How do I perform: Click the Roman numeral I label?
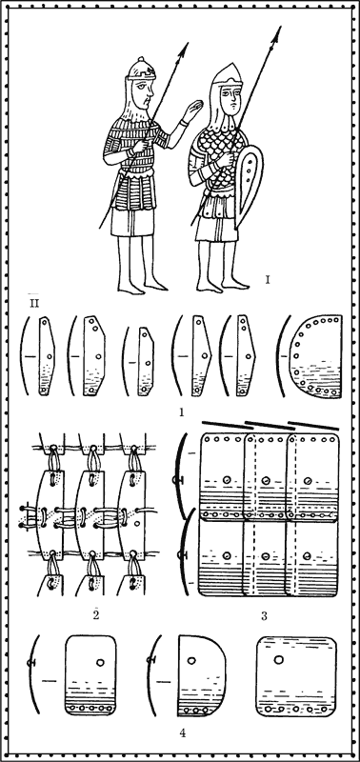(268, 279)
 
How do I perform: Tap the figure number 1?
(181, 412)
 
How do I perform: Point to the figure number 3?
(264, 616)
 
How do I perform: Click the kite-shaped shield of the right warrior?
(249, 187)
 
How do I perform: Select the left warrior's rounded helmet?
(140, 69)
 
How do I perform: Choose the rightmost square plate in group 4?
(297, 675)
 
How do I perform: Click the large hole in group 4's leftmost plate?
(101, 662)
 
